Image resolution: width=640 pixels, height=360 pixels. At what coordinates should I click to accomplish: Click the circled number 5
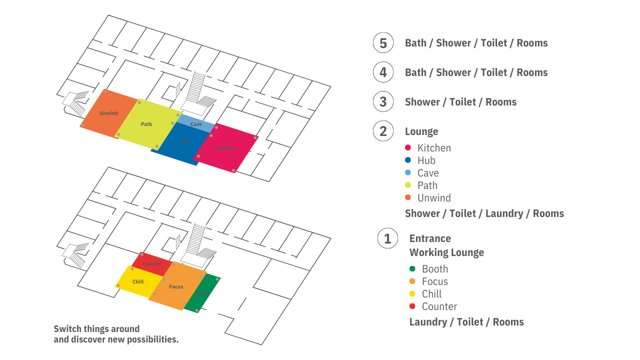tap(383, 43)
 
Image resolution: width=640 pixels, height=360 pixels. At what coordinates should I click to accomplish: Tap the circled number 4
tap(383, 72)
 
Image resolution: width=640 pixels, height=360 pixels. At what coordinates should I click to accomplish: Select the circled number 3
tap(383, 102)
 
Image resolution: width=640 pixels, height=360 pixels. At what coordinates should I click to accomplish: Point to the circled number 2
tap(383, 131)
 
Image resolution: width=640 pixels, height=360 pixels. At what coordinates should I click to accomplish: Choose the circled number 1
tap(387, 238)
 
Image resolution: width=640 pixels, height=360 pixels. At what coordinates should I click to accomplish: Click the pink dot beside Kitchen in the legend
tap(408, 147)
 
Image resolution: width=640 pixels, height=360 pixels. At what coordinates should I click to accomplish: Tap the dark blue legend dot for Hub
tap(408, 160)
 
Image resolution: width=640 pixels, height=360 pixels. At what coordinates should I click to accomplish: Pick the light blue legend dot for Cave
tap(408, 172)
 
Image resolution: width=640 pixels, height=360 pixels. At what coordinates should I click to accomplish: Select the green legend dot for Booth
tap(412, 268)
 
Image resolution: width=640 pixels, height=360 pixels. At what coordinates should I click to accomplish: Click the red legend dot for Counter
tap(412, 306)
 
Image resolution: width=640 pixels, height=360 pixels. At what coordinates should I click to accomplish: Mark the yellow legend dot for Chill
tap(412, 293)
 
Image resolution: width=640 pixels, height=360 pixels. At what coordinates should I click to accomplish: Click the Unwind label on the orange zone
tap(108, 113)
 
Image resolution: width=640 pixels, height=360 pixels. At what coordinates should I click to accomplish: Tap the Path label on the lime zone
tap(146, 124)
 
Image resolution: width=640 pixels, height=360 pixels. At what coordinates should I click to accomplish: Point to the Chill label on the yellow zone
tap(138, 282)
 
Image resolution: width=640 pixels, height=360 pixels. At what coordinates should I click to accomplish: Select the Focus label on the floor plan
tap(176, 287)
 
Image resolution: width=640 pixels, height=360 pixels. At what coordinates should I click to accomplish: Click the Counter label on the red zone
tap(152, 264)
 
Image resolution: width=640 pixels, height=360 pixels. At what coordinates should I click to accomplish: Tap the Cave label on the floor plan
tap(196, 124)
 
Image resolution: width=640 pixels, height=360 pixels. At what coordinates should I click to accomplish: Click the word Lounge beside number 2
tap(421, 131)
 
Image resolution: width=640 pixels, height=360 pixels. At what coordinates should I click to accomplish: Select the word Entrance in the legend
tap(430, 238)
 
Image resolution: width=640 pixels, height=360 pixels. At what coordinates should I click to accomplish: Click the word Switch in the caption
tap(67, 329)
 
